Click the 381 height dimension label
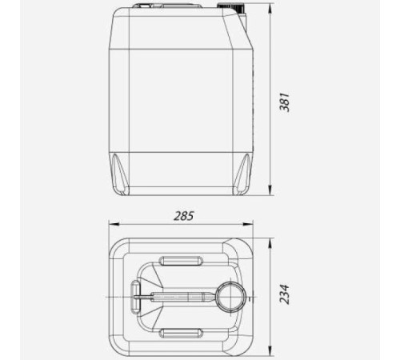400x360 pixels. pyautogui.click(x=284, y=102)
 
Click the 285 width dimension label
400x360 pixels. pyautogui.click(x=183, y=216)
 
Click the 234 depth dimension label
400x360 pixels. pyautogui.click(x=284, y=294)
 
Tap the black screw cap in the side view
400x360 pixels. pyautogui.click(x=230, y=7)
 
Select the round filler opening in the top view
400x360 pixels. pyautogui.click(x=231, y=297)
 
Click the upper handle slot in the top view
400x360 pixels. pyautogui.click(x=181, y=261)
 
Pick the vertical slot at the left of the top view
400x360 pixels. pyautogui.click(x=135, y=297)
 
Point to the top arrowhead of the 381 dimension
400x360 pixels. pyautogui.click(x=270, y=8)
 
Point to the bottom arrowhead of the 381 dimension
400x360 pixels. pyautogui.click(x=270, y=190)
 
